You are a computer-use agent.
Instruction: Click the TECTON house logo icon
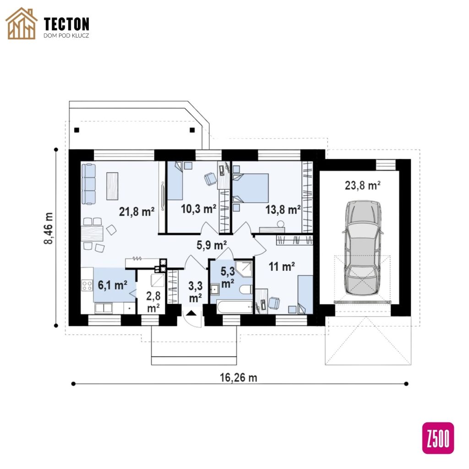pos(22,23)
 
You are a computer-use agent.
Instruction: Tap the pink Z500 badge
pos(438,438)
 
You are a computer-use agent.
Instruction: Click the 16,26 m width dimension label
pos(238,377)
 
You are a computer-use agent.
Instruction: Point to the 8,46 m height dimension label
pos(49,228)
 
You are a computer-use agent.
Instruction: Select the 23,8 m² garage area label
pos(363,185)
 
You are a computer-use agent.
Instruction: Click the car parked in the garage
pos(363,248)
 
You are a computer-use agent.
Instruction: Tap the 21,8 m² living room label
pos(136,212)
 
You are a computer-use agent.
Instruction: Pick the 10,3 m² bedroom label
pos(198,209)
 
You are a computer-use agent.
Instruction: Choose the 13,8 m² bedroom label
pos(283,210)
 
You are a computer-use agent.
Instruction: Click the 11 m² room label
pos(282,266)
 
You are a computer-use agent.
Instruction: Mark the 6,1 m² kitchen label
pos(113,285)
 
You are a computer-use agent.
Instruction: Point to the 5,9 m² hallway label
pos(212,245)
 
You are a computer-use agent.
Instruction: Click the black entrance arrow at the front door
pos(191,313)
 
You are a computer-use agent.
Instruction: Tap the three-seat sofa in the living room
pos(88,184)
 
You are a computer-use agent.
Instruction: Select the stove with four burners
pos(87,285)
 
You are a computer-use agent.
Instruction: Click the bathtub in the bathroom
pos(235,307)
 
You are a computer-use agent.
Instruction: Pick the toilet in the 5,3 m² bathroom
pos(246,289)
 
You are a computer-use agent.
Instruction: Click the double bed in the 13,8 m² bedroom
pos(251,188)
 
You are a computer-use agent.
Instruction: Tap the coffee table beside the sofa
pos(112,186)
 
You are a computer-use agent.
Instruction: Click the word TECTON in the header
pos(66,24)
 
